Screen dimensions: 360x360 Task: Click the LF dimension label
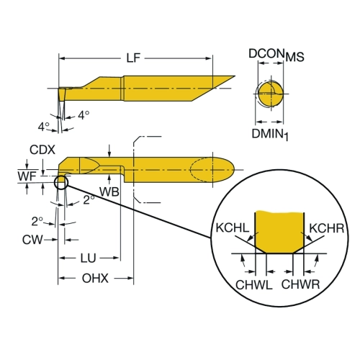[133, 58]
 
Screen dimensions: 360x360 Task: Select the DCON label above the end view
[266, 53]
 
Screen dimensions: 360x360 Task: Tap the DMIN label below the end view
[268, 133]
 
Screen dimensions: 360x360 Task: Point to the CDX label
[42, 150]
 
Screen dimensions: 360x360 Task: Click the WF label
[27, 176]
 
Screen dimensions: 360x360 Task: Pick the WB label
[109, 192]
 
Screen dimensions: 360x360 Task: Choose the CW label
[32, 240]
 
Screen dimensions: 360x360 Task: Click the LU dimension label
[89, 258]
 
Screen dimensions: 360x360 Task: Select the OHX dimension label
[95, 278]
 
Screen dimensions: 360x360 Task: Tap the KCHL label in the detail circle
[233, 228]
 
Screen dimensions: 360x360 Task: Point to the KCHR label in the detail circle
[327, 228]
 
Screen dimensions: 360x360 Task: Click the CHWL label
[254, 285]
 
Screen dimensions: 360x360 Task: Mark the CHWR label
[300, 284]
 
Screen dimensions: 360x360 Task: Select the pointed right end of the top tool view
[235, 76]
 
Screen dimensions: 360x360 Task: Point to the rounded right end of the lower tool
[233, 169]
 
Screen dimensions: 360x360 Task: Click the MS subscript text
[294, 57]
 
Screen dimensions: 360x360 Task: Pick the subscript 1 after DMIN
[286, 137]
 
